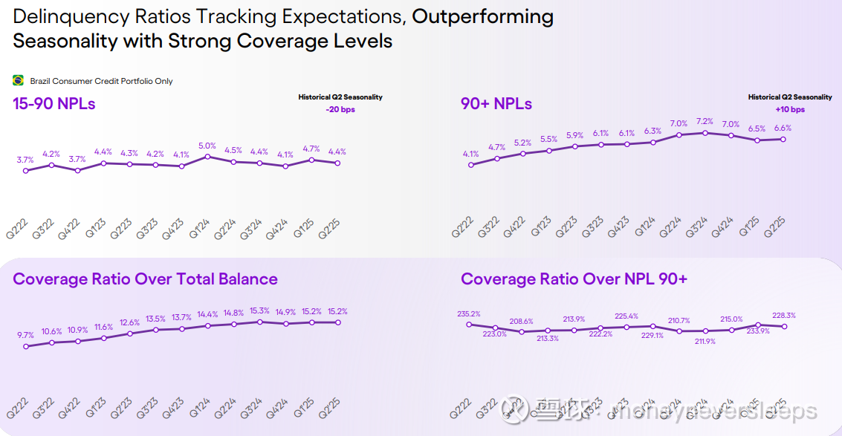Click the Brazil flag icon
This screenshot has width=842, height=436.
coord(19,80)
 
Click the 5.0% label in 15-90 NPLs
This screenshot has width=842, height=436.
coord(207,146)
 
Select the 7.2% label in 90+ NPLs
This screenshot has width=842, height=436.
coord(705,122)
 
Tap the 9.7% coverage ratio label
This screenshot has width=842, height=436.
coord(25,336)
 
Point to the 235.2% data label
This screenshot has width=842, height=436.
coord(469,314)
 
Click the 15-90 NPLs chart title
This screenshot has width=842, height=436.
coord(54,104)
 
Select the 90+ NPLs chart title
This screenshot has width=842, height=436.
coord(496,104)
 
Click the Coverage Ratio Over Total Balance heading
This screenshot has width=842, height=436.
coord(146,279)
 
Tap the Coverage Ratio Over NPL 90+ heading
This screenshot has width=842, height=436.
coord(574,279)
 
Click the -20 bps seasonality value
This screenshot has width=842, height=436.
coord(340,110)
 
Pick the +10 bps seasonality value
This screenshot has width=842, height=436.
coord(790,110)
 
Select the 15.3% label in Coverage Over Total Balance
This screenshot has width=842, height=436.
coord(259,311)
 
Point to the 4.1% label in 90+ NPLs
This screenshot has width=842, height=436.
coord(470,154)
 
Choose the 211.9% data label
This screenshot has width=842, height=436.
coord(705,342)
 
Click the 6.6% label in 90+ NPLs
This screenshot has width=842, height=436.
coord(783,128)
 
